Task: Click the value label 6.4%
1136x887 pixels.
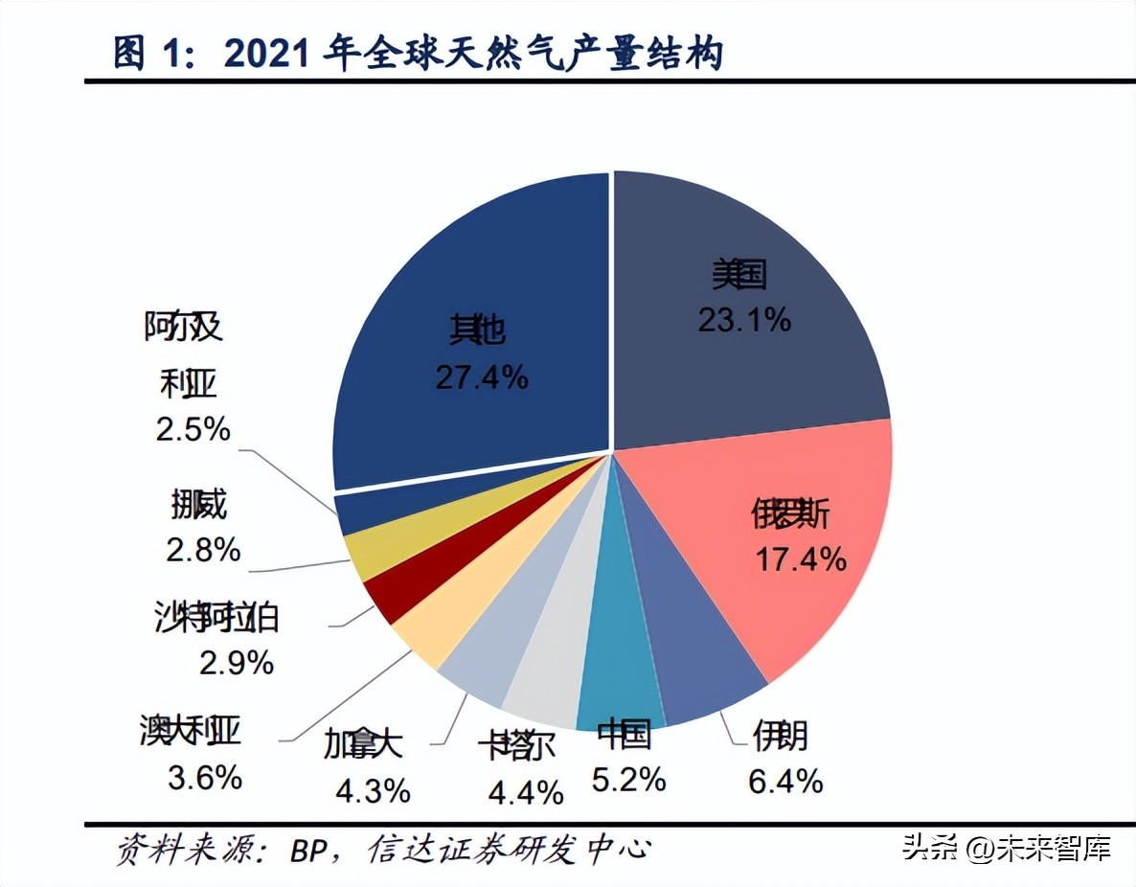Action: click(785, 781)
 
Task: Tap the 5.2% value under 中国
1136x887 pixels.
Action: click(628, 780)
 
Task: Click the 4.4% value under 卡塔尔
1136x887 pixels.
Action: click(525, 792)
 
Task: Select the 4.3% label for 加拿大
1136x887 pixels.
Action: click(373, 790)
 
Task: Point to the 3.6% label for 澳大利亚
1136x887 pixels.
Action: click(205, 778)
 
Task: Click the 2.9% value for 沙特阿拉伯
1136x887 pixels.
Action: click(236, 662)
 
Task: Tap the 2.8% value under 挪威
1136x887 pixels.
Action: click(202, 550)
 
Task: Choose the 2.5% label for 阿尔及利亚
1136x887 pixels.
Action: click(193, 429)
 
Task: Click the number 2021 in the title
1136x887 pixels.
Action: click(267, 55)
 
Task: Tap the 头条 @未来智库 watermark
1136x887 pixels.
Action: click(1006, 848)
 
